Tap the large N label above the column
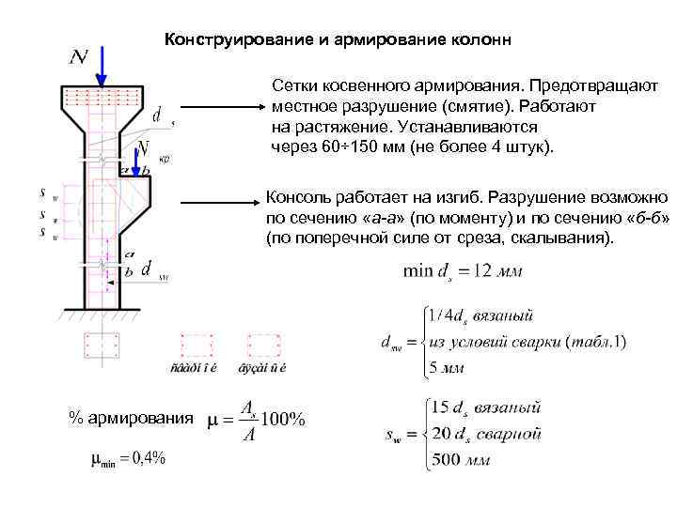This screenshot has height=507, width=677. pyautogui.click(x=80, y=58)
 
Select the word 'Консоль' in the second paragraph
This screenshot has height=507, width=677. pyautogui.click(x=296, y=199)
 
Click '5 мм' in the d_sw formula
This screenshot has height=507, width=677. pyautogui.click(x=448, y=367)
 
